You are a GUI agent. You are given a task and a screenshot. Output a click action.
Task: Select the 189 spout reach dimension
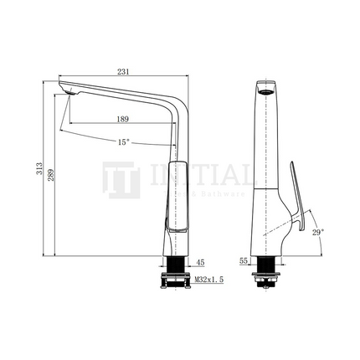(122, 119)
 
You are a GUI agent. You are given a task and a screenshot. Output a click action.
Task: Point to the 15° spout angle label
(124, 141)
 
